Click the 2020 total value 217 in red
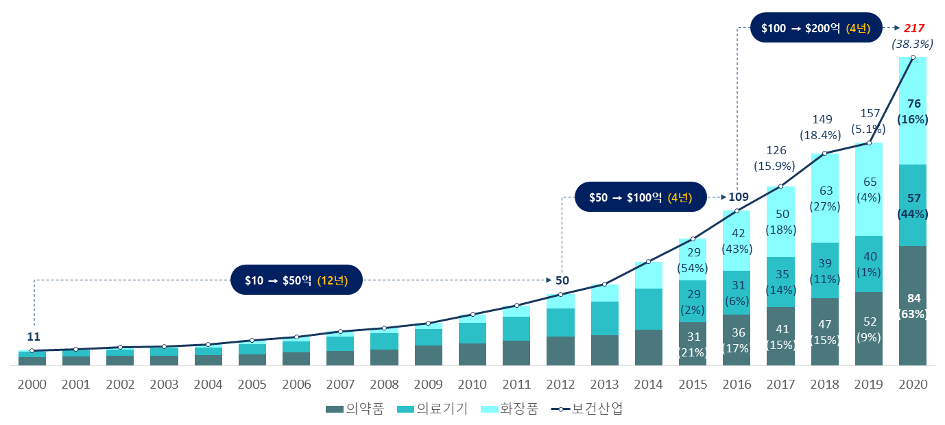tap(913, 29)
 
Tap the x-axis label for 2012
tap(560, 385)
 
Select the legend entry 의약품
tap(355, 409)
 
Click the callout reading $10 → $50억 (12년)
tap(296, 280)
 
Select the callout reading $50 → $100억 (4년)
tap(640, 197)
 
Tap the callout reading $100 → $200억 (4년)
tap(815, 28)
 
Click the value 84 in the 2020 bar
tap(913, 298)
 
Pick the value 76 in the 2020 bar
tap(913, 104)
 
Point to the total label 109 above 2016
tap(738, 197)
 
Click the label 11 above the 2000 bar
tap(34, 337)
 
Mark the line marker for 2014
tap(648, 261)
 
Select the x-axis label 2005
tap(252, 385)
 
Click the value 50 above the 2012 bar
tap(562, 280)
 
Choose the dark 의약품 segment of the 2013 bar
tap(604, 350)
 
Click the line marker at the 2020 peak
tap(913, 58)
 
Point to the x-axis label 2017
tap(780, 385)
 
